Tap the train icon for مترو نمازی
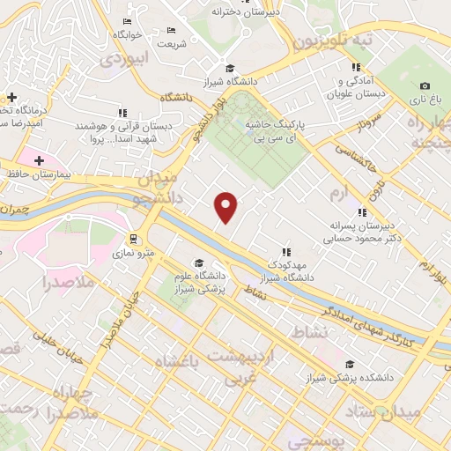point(131,239)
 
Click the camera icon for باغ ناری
point(425,86)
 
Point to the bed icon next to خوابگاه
point(129,21)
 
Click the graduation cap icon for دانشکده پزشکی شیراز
point(351,364)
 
